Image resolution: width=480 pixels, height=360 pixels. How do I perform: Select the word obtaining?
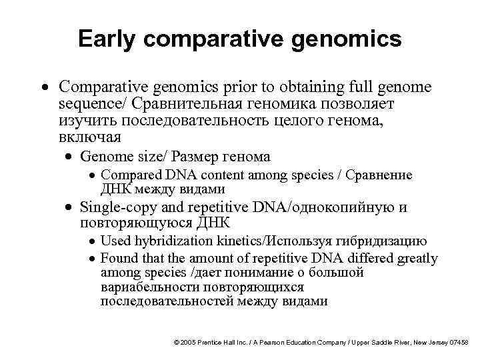(302, 87)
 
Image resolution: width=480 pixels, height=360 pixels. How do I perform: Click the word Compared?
(127, 175)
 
